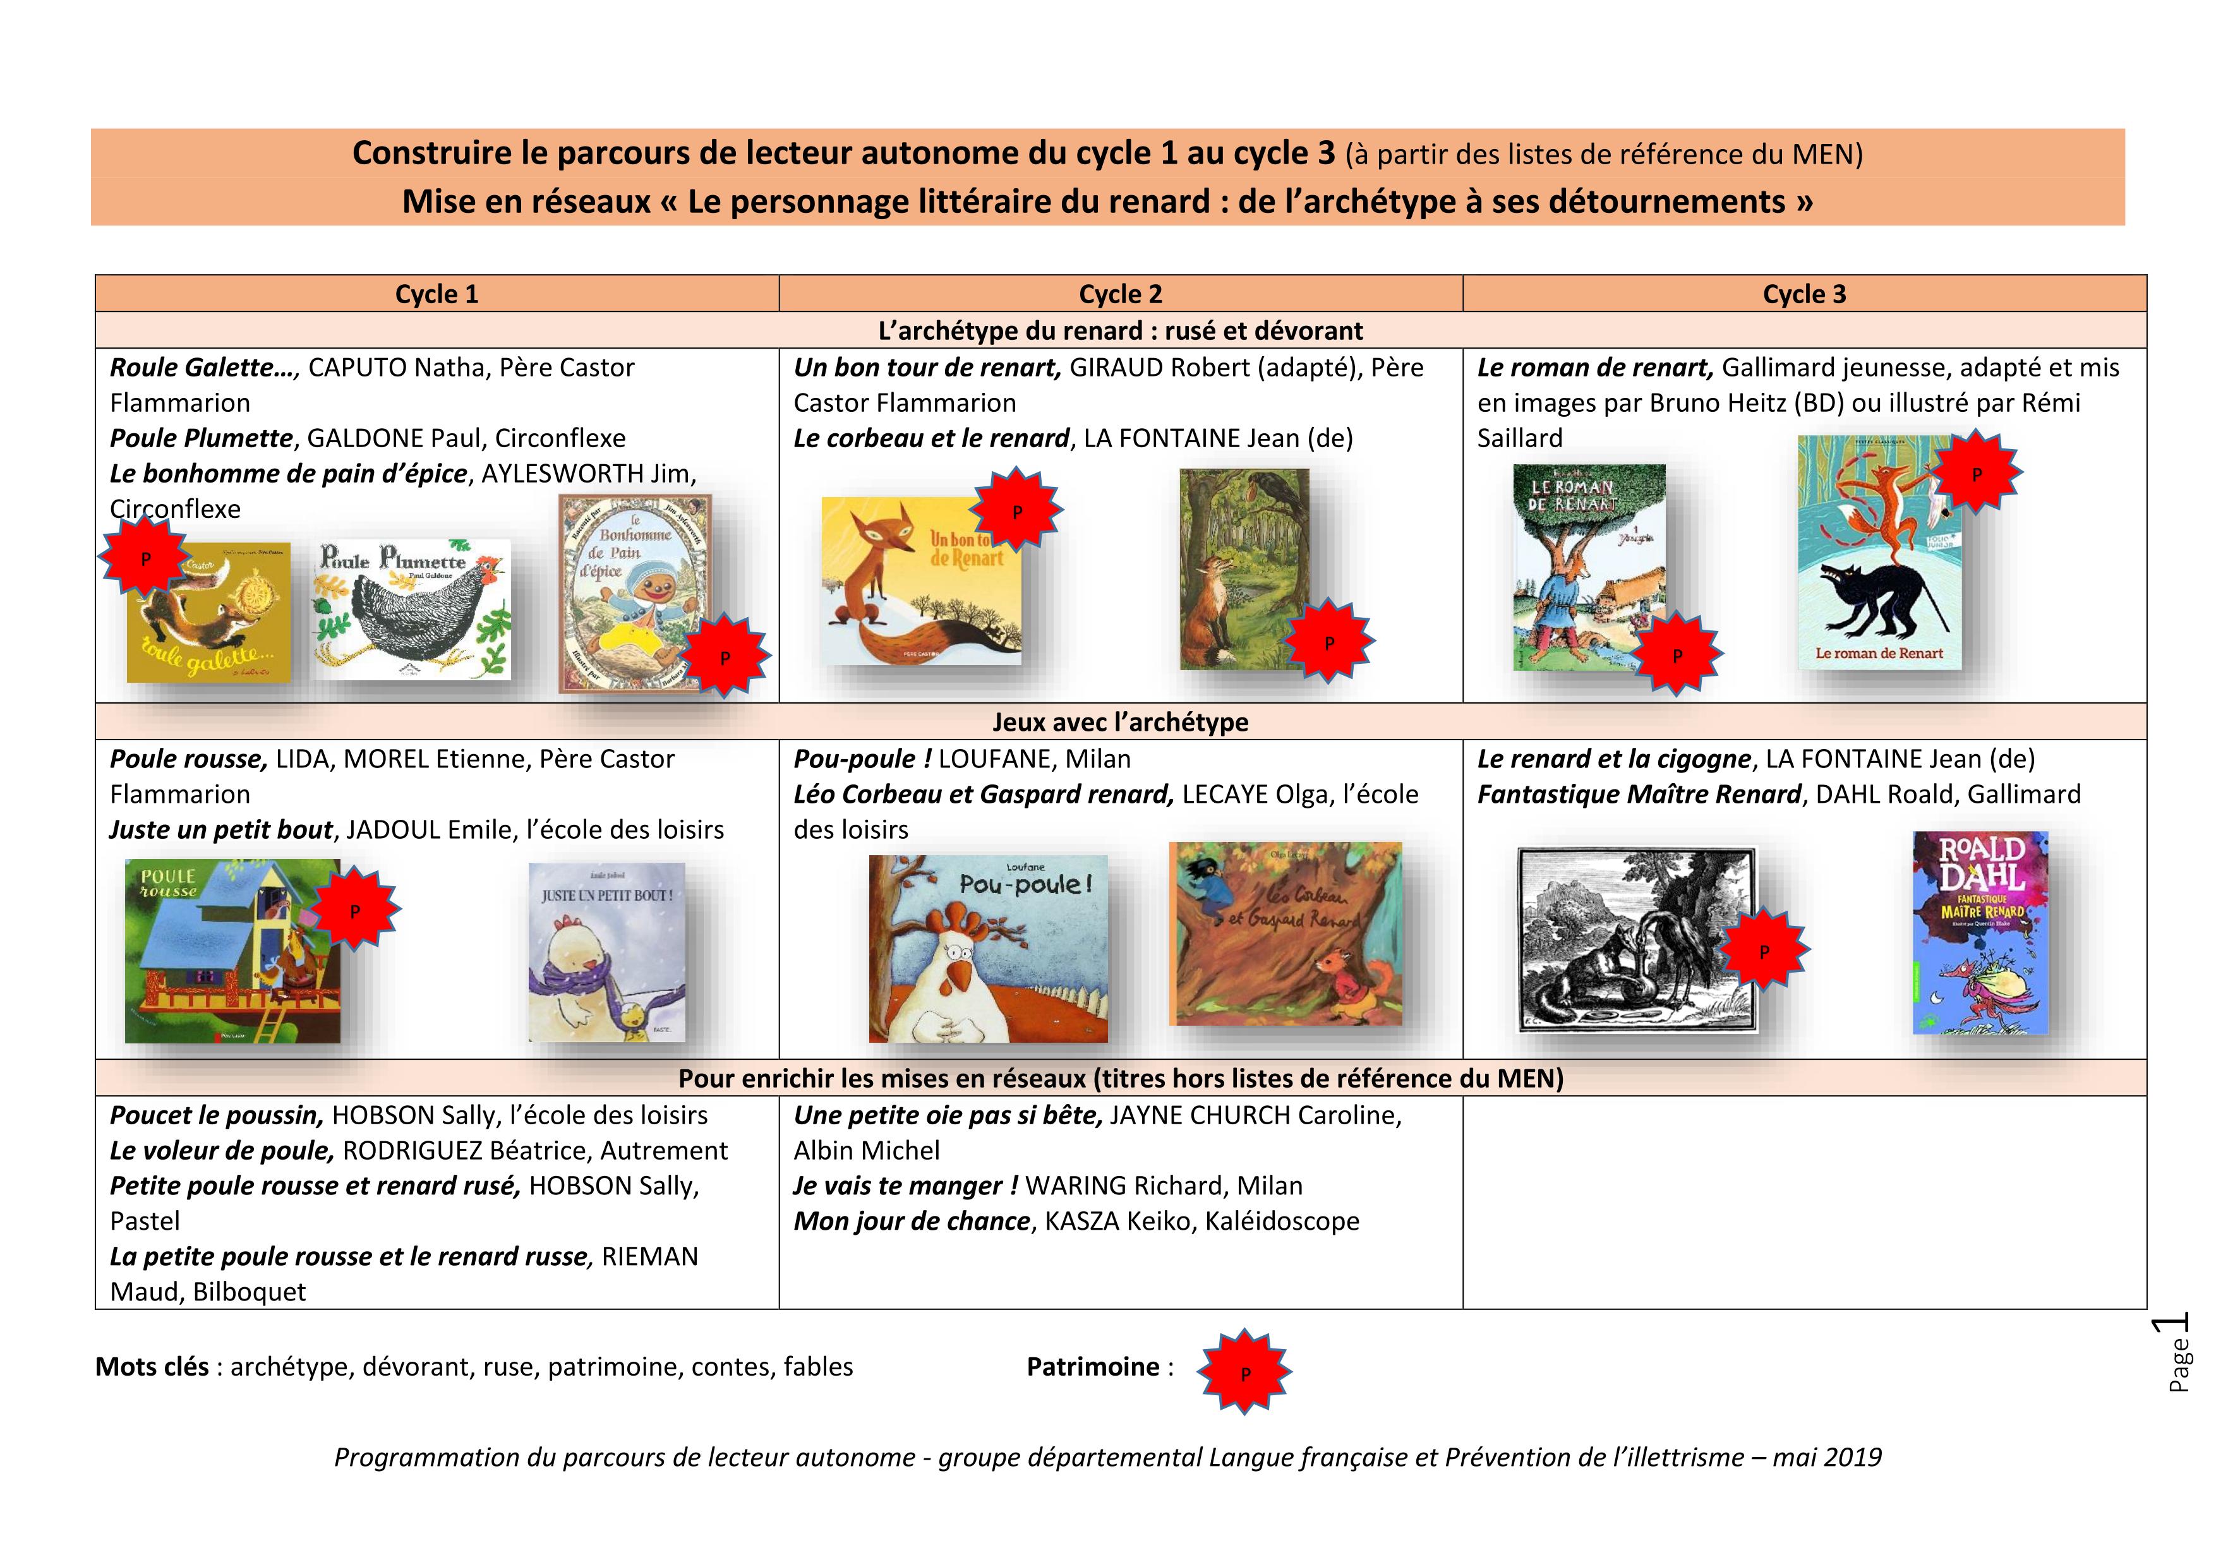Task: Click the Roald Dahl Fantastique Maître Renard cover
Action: (x=1980, y=931)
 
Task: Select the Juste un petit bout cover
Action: (x=607, y=951)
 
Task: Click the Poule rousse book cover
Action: (x=232, y=951)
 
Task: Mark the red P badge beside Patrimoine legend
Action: (x=1244, y=1372)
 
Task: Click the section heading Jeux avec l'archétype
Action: (x=1119, y=722)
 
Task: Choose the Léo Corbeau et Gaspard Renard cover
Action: (x=1285, y=933)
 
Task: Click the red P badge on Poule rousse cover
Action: (x=354, y=911)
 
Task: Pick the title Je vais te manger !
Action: (x=905, y=1186)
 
